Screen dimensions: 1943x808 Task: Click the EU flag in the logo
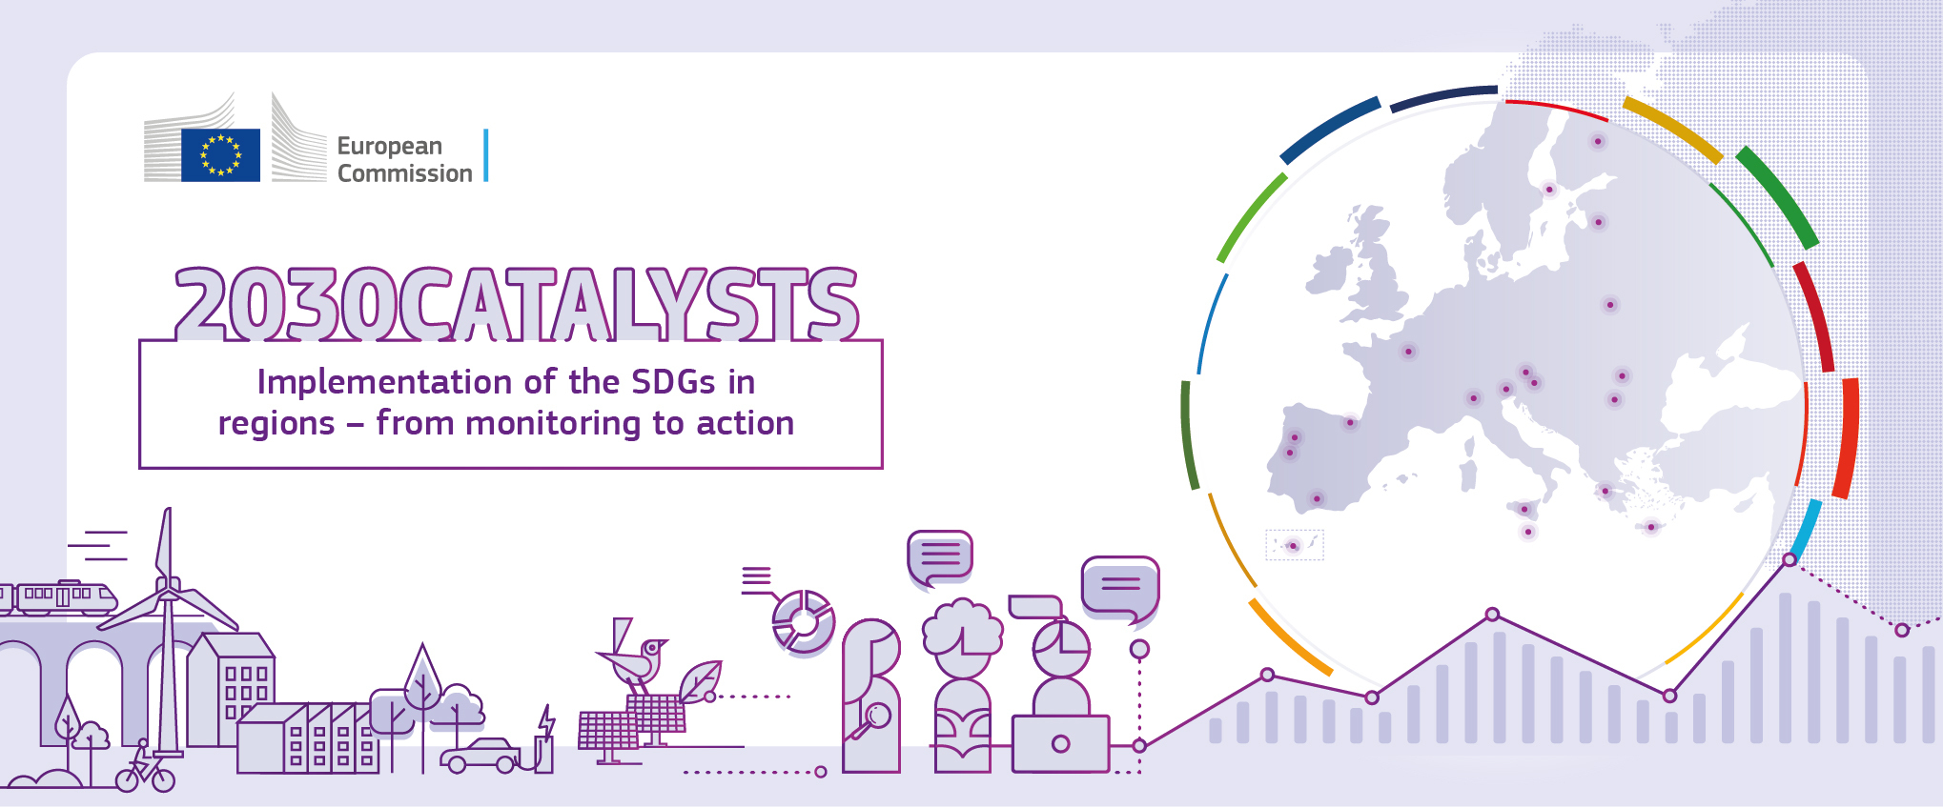[x=220, y=154]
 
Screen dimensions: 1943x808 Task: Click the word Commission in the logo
[x=405, y=173]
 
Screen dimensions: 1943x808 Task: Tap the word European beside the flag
[x=390, y=146]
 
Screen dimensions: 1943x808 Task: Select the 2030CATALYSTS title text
[x=517, y=303]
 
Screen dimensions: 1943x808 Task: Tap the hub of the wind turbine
[x=169, y=596]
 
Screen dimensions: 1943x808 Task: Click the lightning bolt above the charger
[x=547, y=722]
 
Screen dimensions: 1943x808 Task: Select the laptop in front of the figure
[x=1061, y=744]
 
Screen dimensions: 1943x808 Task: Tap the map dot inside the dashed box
[x=1293, y=546]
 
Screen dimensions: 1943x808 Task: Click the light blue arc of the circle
[x=1807, y=530]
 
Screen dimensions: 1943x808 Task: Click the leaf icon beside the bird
[x=700, y=680]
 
